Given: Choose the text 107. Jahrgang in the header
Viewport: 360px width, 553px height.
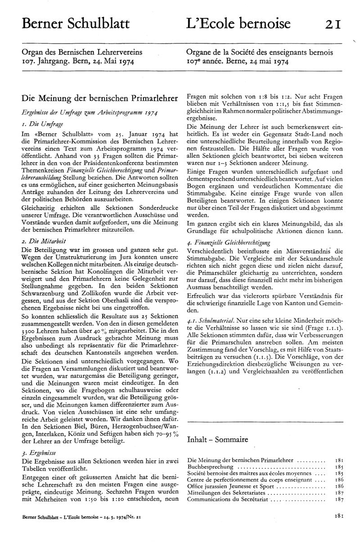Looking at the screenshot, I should [x=42, y=61].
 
